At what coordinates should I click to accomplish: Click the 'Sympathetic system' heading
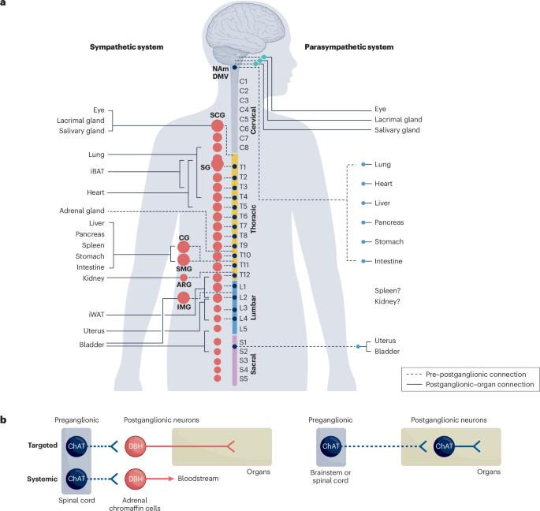tap(127, 47)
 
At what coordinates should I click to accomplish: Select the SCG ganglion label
tap(218, 115)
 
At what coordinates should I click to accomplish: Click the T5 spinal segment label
tap(244, 206)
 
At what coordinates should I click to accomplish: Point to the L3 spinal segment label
tap(244, 307)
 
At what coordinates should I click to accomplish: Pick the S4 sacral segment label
tap(244, 369)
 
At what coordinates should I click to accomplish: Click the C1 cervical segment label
tap(244, 81)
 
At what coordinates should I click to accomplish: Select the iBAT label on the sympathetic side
tap(95, 172)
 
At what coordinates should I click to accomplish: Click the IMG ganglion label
tap(184, 306)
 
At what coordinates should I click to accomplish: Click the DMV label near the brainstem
tap(222, 76)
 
